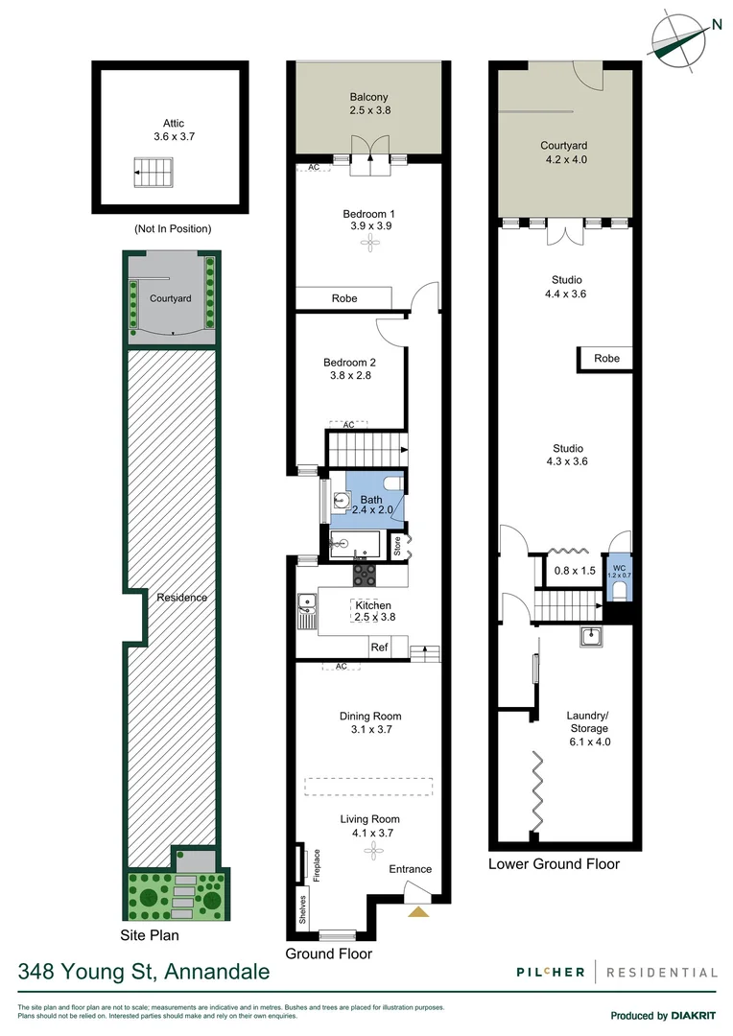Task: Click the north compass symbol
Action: point(679,38)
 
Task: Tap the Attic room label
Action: point(173,130)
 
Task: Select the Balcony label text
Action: point(368,104)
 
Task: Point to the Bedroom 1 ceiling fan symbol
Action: point(368,245)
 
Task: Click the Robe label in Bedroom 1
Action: point(343,298)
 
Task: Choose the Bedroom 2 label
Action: point(346,368)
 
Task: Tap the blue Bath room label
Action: point(370,506)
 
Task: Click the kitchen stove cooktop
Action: point(366,575)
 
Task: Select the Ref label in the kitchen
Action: point(380,647)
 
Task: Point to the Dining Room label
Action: point(370,722)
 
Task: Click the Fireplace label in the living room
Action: point(316,864)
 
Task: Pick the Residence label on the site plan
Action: point(182,598)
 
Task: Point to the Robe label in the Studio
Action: point(606,359)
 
